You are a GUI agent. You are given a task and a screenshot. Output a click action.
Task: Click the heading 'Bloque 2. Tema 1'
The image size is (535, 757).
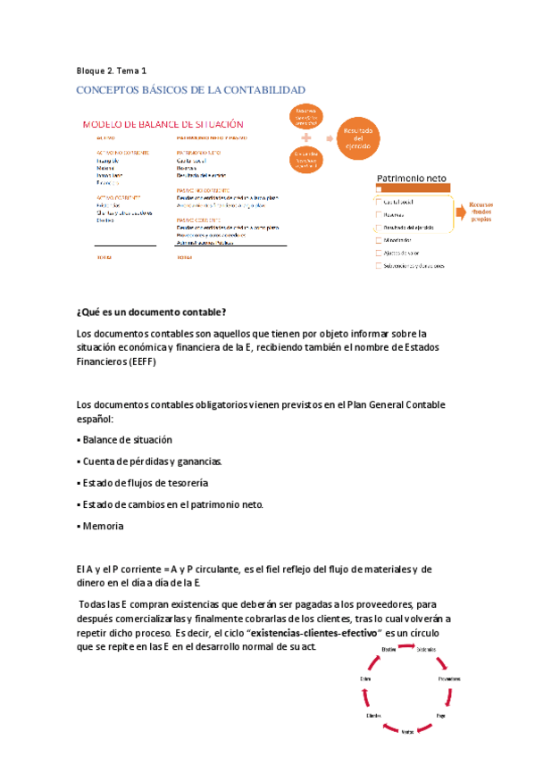click(x=112, y=70)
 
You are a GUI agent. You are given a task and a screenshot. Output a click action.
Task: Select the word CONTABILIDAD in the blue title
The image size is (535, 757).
click(x=264, y=90)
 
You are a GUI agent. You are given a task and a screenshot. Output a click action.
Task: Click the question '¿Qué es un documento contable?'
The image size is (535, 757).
click(x=152, y=312)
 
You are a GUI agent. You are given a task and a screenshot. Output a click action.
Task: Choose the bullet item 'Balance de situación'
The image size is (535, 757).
click(x=126, y=440)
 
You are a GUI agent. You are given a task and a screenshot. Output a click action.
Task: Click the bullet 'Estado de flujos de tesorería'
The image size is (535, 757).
click(x=144, y=483)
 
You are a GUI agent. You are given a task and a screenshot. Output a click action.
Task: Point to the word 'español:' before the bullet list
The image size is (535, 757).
click(x=96, y=419)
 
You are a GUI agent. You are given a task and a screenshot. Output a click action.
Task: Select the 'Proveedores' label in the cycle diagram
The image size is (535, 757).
click(x=449, y=679)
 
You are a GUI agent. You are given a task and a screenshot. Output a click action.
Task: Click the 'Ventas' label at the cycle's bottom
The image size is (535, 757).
click(x=407, y=731)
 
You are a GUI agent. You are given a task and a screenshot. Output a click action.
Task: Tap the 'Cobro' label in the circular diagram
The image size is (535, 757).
click(x=365, y=679)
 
